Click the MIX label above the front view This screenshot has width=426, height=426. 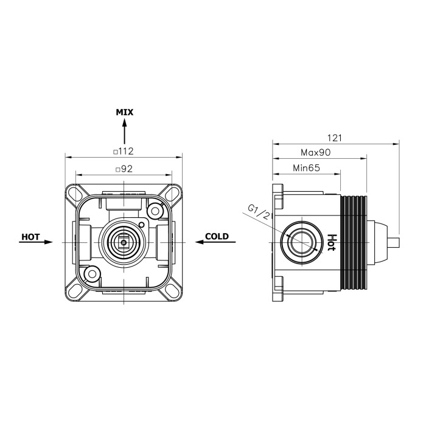coord(125,112)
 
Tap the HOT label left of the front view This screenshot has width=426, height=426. coord(30,237)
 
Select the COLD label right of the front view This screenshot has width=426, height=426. coord(217,236)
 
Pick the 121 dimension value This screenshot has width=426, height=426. coord(334,138)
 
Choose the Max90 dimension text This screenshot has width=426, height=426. coord(316,152)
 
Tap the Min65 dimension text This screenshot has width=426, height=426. coord(307,168)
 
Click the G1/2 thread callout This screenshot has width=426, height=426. coord(259,212)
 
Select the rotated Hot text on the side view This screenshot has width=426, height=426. coord(332,242)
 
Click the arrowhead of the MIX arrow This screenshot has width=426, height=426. coord(125,124)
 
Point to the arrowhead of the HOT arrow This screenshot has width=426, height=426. coord(48,242)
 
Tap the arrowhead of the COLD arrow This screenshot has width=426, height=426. coord(200,242)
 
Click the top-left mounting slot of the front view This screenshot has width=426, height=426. coord(76,192)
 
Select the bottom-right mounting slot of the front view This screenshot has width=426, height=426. coord(172,292)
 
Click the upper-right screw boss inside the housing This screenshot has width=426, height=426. coord(155,211)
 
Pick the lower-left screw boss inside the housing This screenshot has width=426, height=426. coord(93,274)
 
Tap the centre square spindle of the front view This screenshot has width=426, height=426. coord(124,242)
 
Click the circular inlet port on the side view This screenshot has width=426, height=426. coord(301,242)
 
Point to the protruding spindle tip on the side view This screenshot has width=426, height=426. coord(396,242)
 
